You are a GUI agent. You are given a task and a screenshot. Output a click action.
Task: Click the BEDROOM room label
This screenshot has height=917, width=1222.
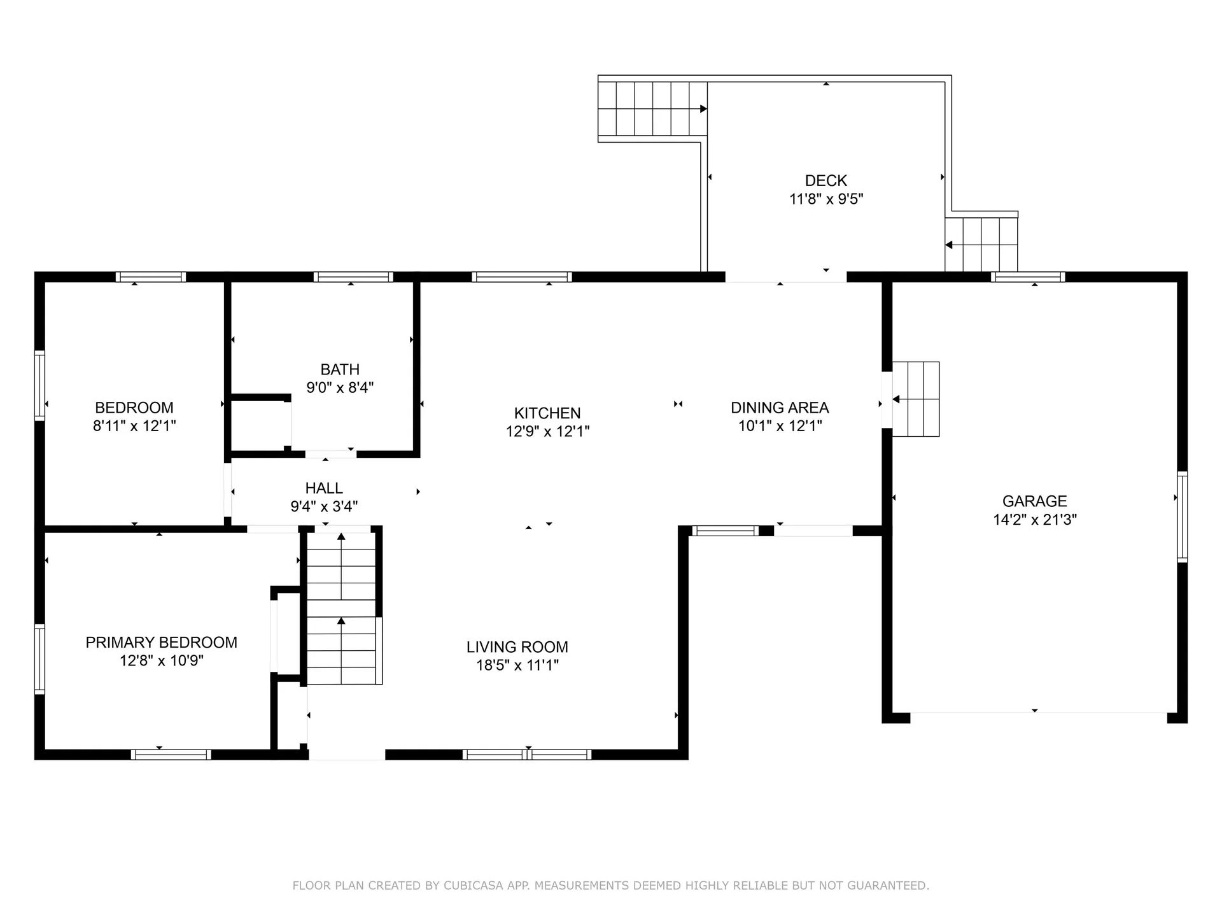[134, 408]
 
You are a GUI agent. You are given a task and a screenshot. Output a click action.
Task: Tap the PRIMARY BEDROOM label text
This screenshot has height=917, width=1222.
[162, 643]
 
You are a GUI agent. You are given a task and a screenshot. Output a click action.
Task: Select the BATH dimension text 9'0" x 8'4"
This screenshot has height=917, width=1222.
[340, 387]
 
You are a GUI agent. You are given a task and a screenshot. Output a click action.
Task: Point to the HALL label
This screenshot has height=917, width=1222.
[324, 488]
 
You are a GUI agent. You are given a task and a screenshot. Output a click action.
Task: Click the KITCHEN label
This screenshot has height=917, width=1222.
[547, 413]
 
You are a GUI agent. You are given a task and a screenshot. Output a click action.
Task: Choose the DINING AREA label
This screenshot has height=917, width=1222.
[780, 408]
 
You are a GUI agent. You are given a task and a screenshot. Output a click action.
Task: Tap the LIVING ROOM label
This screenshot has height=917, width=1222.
[517, 647]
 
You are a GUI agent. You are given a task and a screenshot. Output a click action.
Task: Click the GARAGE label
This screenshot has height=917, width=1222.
[1035, 501]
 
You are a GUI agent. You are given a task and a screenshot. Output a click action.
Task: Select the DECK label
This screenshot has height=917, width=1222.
[826, 181]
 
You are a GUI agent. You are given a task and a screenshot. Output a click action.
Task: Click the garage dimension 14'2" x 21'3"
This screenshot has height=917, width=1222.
[1035, 520]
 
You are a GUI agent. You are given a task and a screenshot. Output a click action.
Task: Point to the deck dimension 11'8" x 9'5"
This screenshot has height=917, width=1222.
[826, 199]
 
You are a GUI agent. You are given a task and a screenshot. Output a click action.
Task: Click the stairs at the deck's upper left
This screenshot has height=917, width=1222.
[653, 109]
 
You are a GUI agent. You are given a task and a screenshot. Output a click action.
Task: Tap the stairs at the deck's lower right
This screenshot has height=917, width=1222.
[981, 245]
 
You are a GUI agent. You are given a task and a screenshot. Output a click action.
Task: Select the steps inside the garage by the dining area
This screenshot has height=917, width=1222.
[916, 399]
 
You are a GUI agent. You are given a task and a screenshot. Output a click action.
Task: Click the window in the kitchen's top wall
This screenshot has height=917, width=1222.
[522, 277]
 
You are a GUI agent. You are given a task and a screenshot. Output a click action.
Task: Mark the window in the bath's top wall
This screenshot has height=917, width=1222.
[353, 277]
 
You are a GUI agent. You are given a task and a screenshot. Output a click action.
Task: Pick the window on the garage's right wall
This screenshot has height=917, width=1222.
[1183, 516]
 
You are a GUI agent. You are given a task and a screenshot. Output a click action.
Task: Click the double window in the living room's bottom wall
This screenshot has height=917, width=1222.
[527, 755]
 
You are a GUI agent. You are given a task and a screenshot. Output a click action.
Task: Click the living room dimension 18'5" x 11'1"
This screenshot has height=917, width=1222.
[517, 665]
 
